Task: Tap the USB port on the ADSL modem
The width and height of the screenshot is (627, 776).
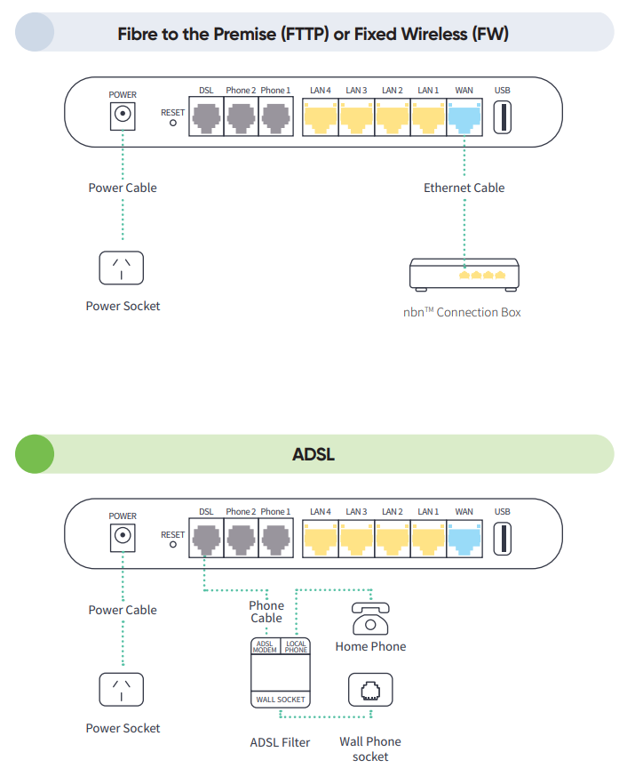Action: point(503,539)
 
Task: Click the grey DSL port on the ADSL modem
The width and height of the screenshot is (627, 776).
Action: point(206,539)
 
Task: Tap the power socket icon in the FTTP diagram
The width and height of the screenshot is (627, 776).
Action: point(123,267)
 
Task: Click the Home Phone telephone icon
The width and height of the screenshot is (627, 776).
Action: point(370,616)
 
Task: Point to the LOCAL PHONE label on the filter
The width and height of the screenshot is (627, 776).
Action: point(296,646)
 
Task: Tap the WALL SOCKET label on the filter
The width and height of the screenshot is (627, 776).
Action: point(281,700)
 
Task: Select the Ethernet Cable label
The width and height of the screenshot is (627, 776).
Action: point(464,188)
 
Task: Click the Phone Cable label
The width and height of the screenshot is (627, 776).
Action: point(266,612)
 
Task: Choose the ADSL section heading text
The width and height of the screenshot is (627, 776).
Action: point(313,455)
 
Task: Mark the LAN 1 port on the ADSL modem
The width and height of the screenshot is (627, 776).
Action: point(429,539)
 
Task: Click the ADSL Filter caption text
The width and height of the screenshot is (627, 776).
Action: point(280,741)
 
